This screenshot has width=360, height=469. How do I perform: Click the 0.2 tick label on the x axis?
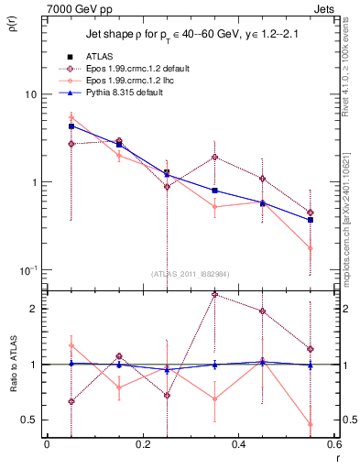point(142,444)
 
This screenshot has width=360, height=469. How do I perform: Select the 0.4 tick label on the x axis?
point(239,444)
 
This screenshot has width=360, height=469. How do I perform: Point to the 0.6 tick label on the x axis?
point(333,444)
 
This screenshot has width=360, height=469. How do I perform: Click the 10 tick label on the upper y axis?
point(29,94)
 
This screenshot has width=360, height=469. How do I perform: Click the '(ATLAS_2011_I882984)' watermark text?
point(191,273)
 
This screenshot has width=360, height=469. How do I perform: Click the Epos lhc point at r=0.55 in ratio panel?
point(311,424)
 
